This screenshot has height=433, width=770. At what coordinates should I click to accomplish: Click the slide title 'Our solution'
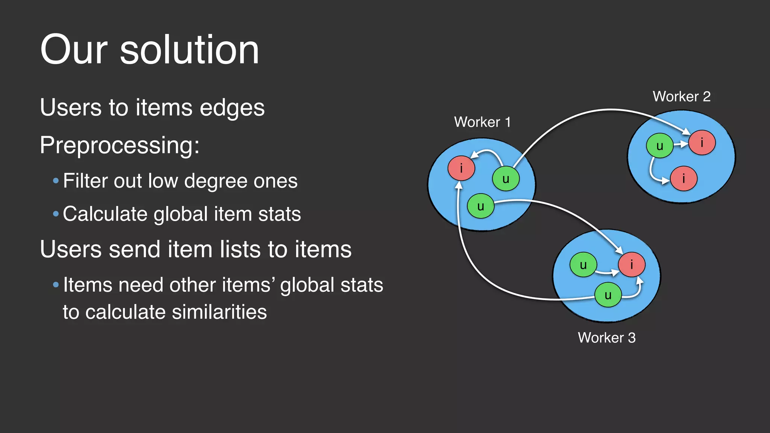149,50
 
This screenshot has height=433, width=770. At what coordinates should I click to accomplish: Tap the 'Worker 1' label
482,122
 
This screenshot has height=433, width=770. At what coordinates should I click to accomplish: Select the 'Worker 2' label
681,96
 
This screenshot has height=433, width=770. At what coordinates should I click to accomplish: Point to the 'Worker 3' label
606,337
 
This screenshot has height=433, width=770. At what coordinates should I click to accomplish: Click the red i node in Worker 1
461,168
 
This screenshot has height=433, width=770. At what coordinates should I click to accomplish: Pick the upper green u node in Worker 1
506,179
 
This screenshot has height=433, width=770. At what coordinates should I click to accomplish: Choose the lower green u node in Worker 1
480,206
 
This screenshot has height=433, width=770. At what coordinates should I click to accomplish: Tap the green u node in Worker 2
659,146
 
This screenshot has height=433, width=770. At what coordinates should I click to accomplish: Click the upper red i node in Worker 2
702,142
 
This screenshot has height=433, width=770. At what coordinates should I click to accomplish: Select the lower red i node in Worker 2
684,179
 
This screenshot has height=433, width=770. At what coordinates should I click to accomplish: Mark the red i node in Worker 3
632,264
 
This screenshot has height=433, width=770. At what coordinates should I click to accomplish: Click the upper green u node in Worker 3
583,265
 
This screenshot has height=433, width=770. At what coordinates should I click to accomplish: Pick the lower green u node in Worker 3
608,295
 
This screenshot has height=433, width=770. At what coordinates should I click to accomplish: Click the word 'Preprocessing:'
120,145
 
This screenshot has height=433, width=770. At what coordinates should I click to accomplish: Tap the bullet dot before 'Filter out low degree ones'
56,181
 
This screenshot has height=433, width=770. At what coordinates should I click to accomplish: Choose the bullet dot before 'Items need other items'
56,285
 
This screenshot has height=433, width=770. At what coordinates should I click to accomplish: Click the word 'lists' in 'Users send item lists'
241,249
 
